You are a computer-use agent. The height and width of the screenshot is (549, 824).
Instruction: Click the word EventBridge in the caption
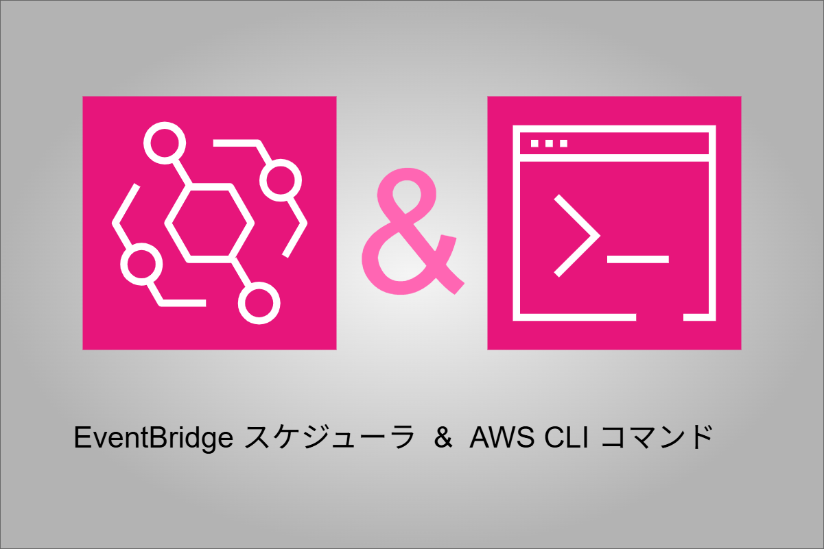coord(154,438)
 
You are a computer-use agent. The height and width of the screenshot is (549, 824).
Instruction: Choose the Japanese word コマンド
coord(656,438)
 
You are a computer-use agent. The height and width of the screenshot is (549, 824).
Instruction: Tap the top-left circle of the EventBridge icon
coord(165,143)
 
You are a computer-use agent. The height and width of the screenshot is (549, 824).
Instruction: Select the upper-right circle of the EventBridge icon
coord(280,180)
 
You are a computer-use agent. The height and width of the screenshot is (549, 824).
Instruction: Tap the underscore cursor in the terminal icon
coord(638,259)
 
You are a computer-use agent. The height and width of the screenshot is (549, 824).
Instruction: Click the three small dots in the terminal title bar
coord(550,143)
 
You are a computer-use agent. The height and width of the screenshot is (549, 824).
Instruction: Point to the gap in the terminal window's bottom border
coord(660,317)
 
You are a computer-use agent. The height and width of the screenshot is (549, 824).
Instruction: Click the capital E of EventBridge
coord(81,438)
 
